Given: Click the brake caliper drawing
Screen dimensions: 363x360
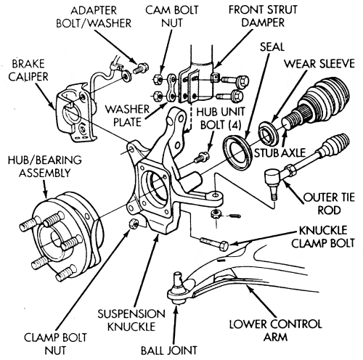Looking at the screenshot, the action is coord(75,114).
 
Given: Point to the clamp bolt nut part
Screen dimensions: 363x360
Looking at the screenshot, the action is coord(134,224).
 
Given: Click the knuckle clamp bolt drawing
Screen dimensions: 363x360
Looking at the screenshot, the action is coord(214,244).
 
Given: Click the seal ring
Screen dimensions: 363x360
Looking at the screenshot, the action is coord(238,152).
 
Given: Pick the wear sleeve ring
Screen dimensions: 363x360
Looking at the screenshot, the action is coord(269,134).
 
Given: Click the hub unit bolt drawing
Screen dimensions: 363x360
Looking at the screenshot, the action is coord(201,157).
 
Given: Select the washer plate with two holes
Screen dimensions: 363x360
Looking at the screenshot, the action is coord(172,88).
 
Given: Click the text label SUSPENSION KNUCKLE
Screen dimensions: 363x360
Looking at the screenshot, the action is coord(131,320).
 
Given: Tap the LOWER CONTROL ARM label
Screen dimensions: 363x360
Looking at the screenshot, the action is coord(276,330).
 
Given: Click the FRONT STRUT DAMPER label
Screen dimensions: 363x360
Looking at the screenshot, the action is coord(263,16).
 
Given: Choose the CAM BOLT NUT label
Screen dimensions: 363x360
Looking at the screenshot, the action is coord(172,17).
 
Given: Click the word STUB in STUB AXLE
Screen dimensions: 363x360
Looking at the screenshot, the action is coord(266,153).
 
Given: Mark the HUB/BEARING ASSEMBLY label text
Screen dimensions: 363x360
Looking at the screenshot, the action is coord(45,166).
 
